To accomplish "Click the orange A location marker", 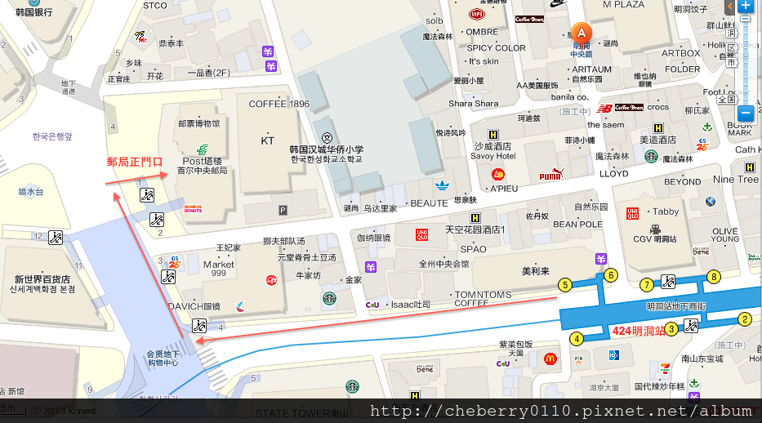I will click(x=581, y=33).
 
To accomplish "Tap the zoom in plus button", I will click(x=745, y=7).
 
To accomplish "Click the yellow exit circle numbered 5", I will click(x=564, y=285).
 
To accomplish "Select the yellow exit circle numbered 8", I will click(x=714, y=276).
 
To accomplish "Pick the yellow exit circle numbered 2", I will click(x=745, y=319).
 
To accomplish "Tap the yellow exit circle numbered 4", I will click(x=577, y=338).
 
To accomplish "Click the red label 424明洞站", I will click(x=637, y=331).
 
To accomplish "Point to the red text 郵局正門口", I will click(x=136, y=162).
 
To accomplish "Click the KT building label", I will click(x=267, y=140).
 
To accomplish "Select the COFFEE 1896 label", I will click(x=279, y=104).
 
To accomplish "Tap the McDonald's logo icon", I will click(x=550, y=358).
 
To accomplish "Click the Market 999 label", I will click(x=219, y=269).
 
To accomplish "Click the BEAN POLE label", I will click(x=577, y=224).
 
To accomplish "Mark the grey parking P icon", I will click(x=283, y=210).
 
